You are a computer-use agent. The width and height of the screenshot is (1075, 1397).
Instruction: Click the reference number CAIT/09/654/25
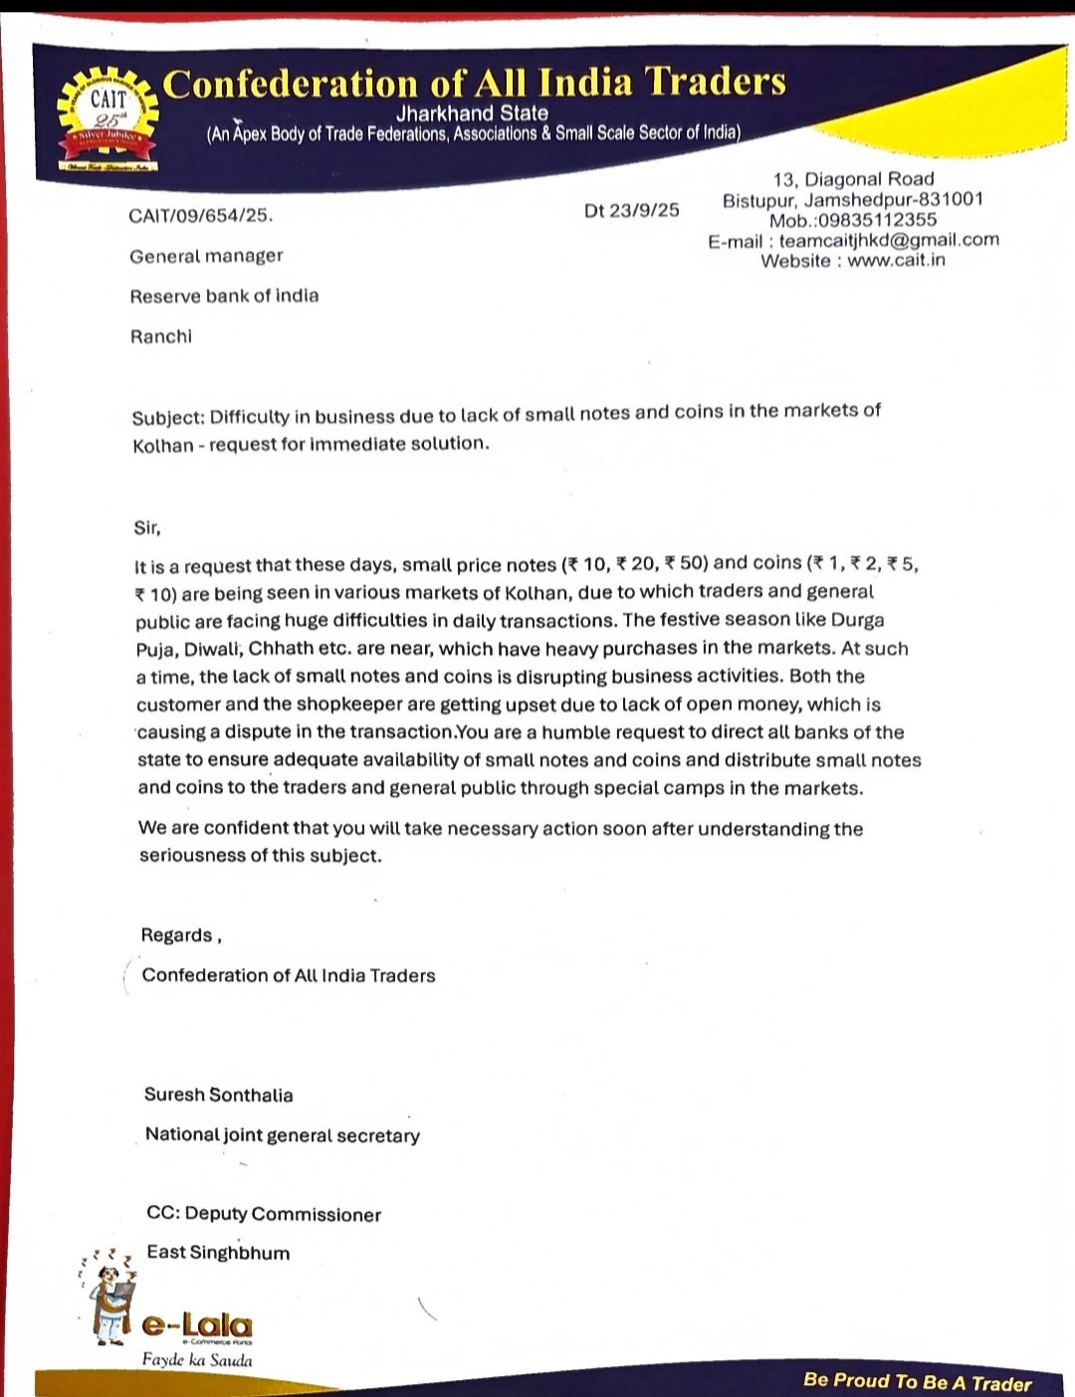click(x=200, y=215)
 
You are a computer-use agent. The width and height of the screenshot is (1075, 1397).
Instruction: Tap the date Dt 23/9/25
click(x=632, y=210)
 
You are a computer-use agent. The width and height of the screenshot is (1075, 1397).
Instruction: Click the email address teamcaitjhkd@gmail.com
click(x=889, y=240)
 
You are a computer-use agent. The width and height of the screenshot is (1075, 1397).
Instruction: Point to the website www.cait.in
click(x=896, y=261)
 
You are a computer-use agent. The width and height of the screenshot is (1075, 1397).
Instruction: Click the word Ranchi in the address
click(x=161, y=336)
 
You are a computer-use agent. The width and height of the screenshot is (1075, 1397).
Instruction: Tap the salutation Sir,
click(x=147, y=527)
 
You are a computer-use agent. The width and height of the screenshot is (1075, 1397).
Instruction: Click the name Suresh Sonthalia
click(x=219, y=1095)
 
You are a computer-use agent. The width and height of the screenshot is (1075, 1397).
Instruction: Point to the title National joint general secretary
click(x=283, y=1135)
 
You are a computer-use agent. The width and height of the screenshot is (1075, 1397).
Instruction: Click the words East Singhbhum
click(x=218, y=1253)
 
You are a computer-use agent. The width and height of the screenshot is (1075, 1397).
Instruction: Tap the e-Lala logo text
click(x=197, y=1325)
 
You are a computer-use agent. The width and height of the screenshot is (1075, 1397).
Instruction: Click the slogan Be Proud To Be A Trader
click(x=917, y=1382)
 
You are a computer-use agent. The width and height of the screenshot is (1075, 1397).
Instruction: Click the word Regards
click(x=177, y=935)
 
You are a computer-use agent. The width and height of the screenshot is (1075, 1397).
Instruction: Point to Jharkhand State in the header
click(x=472, y=113)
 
